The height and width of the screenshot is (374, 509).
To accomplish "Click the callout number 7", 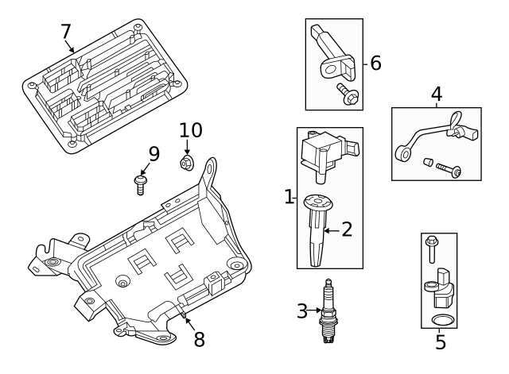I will click(66, 32).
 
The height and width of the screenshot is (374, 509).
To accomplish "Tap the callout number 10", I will click(191, 130).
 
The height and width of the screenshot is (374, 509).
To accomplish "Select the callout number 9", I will click(153, 152).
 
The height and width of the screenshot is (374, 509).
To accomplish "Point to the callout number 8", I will click(199, 340).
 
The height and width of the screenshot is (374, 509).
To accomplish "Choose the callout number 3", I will click(301, 311).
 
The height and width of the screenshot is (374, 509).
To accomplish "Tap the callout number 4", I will click(436, 95).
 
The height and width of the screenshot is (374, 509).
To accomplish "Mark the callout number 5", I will click(441, 343).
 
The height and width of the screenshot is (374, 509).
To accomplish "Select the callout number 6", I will click(376, 62).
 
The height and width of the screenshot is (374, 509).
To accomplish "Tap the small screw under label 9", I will click(141, 186).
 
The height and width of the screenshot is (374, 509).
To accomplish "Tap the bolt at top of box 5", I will click(431, 248).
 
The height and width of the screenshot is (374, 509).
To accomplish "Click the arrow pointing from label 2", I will click(330, 230).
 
